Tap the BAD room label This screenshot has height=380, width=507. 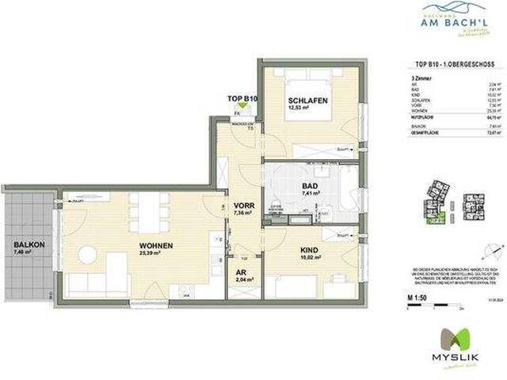point(310,187)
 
